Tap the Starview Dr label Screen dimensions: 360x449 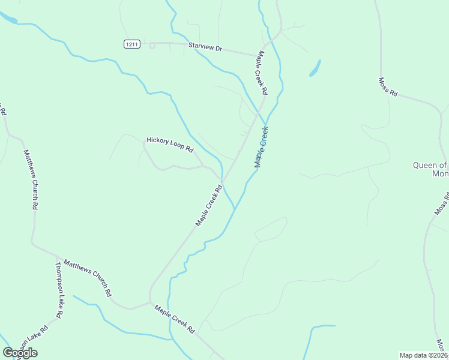tap(205, 46)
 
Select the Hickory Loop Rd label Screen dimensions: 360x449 tap(170, 145)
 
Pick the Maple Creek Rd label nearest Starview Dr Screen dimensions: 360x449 tap(262, 72)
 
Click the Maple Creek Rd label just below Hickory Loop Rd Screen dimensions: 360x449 tap(209, 205)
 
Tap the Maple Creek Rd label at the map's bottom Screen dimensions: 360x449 tap(175, 319)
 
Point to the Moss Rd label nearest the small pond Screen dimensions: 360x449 tap(388, 86)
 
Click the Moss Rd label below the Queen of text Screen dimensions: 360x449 tap(442, 203)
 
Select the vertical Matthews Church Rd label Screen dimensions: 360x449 tap(31, 179)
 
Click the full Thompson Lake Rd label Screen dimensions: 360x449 tap(59, 290)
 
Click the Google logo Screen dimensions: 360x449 tap(20, 353)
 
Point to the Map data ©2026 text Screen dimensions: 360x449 tap(423, 355)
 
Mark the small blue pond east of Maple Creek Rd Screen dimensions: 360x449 tap(315, 68)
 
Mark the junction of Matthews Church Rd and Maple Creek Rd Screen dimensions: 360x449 tap(149, 302)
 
